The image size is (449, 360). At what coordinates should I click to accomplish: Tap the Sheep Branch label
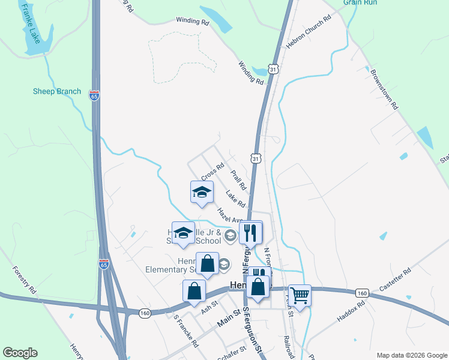[x=56, y=91]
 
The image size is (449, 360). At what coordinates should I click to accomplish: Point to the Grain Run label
[x=360, y=3]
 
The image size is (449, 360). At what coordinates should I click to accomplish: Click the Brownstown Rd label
[x=385, y=89]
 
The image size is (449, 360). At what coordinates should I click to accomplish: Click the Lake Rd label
[x=235, y=198]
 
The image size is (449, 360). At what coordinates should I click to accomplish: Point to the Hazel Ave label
[x=228, y=215]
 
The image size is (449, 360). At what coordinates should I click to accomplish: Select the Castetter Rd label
[x=394, y=280]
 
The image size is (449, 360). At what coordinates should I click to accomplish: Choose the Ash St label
[x=209, y=307]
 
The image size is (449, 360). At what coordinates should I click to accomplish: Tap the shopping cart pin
[x=300, y=295]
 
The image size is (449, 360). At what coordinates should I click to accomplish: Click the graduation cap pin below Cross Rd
[x=202, y=192]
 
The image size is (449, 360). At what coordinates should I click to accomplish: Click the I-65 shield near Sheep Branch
[x=94, y=95]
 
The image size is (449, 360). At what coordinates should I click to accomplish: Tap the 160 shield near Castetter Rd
[x=361, y=293]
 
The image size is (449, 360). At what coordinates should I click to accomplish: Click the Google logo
[x=20, y=353]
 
